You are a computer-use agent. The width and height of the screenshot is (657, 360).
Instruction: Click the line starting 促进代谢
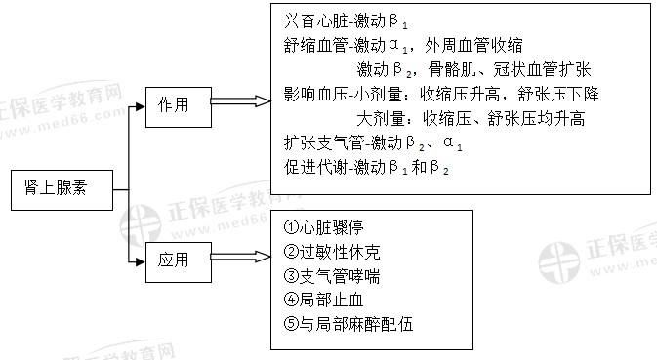(x=366, y=167)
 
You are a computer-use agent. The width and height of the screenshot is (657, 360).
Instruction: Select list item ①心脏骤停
(x=323, y=228)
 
